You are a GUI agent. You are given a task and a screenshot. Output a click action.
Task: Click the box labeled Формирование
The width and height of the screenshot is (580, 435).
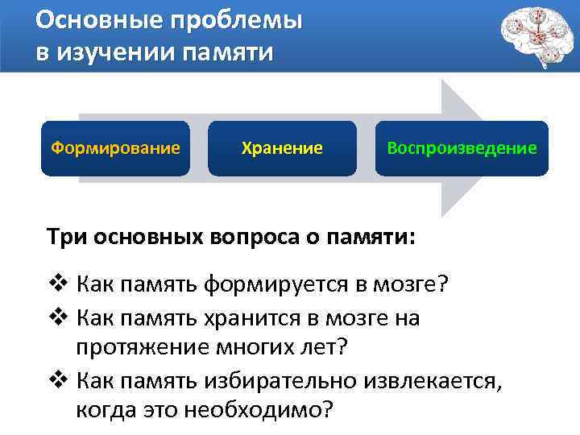click(x=115, y=148)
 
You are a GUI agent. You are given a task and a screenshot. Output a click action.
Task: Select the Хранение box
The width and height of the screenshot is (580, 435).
click(x=282, y=148)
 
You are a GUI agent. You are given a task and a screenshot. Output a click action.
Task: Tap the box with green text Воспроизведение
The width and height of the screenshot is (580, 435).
click(x=461, y=148)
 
